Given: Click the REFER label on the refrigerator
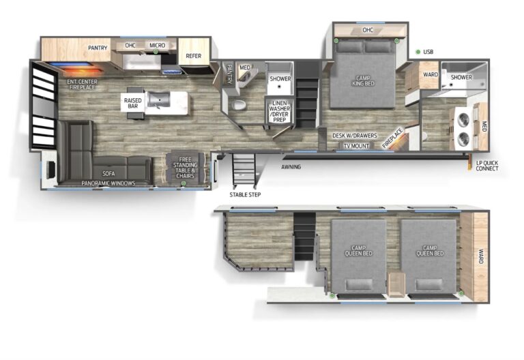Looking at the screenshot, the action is click(x=194, y=56).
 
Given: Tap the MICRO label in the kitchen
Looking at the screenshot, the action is click(x=157, y=46).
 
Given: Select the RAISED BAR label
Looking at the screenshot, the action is click(x=132, y=103).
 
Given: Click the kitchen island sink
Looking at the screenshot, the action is click(x=159, y=100).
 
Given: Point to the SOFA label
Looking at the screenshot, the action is click(x=108, y=174).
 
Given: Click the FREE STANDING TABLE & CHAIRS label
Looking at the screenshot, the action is click(x=185, y=168).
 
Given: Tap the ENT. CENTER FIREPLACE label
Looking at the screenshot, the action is click(x=82, y=85).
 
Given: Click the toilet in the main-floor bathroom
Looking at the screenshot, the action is click(x=239, y=105).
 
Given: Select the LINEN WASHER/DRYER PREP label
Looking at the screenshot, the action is click(x=279, y=112).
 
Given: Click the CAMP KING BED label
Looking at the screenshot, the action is click(x=363, y=81).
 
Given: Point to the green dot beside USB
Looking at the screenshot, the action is click(x=418, y=52).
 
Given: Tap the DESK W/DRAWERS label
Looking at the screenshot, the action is click(x=355, y=136).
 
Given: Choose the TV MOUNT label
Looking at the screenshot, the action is click(x=356, y=146).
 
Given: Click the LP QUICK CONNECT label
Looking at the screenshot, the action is click(x=487, y=166).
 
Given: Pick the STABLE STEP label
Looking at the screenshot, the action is click(x=245, y=195).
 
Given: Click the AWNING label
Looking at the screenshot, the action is click(x=291, y=167).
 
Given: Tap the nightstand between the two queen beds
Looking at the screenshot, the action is click(x=396, y=284).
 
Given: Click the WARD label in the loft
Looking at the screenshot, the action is click(x=481, y=256).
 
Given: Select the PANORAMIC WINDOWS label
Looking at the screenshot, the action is click(x=108, y=183).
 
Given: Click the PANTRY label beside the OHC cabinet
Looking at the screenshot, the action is click(x=98, y=48).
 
